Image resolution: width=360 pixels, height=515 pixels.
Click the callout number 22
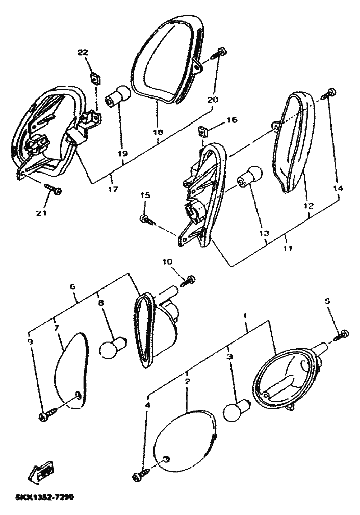click(x=83, y=52)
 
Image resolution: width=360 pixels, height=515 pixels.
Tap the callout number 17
click(x=113, y=189)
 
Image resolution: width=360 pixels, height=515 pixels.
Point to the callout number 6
click(x=73, y=287)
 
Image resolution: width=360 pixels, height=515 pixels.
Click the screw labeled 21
click(x=53, y=190)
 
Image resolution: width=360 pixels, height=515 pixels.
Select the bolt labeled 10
click(x=190, y=279)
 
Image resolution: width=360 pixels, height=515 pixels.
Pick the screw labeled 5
click(x=342, y=335)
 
